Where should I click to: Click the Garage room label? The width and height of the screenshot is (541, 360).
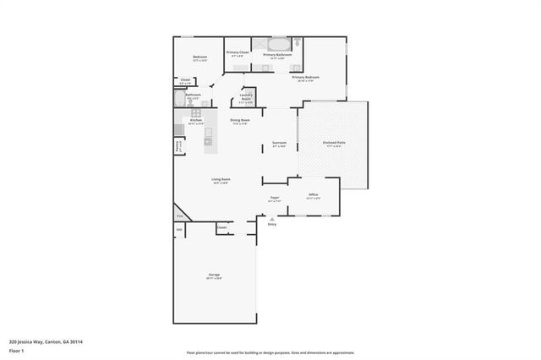215,276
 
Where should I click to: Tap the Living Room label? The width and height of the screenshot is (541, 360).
221,179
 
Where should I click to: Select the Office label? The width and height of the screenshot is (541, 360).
313,195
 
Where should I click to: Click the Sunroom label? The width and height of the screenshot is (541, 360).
279,143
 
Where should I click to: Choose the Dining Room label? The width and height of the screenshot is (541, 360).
240,121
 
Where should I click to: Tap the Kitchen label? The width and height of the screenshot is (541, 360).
196,121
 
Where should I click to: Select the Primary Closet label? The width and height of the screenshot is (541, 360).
238,53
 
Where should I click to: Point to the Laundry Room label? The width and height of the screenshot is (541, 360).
247,96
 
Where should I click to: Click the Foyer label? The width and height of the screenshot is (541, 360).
275,199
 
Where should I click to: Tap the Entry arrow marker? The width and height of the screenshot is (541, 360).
272,218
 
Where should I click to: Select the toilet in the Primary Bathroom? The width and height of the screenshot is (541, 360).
298,42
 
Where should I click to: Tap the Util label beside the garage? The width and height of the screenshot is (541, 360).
179,229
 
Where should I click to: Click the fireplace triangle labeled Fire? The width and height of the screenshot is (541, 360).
179,215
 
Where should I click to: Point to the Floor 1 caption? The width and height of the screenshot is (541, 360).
16,350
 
